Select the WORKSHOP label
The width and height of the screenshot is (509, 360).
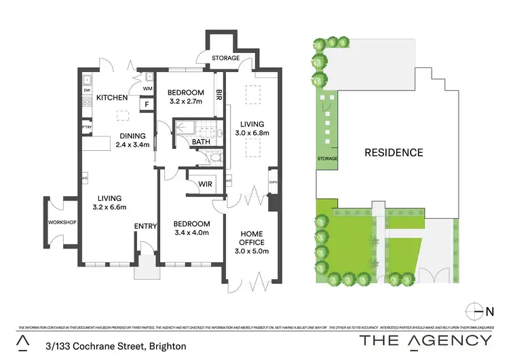point(61,223)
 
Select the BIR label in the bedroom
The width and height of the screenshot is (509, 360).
point(219,96)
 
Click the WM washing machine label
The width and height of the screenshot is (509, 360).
point(147,88)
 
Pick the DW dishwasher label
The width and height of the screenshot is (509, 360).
point(87,90)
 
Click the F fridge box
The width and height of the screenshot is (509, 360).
point(146,105)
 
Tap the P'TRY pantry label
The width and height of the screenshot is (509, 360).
point(87,127)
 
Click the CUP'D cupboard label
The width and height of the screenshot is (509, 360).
point(273,182)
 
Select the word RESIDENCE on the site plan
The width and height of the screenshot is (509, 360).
point(393,152)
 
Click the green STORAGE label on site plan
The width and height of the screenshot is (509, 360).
point(326,159)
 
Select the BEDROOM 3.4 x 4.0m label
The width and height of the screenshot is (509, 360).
point(191,228)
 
